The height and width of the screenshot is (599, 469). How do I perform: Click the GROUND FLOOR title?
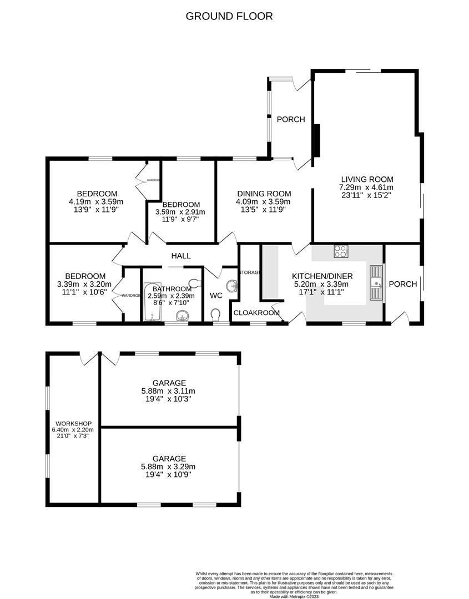click(x=229, y=16)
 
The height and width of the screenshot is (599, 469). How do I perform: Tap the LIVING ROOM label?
click(x=366, y=179)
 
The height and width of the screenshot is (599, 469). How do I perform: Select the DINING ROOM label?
click(x=263, y=194)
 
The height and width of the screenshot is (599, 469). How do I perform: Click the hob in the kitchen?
click(x=340, y=251)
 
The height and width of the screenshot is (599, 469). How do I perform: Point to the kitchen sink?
click(x=377, y=283)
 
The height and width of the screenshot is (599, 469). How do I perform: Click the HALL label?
click(x=181, y=256)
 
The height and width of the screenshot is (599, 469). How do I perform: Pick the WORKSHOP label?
click(x=72, y=424)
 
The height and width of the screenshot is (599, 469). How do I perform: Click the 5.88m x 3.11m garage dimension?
click(x=169, y=390)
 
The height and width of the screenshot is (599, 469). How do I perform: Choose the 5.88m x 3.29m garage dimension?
click(x=169, y=466)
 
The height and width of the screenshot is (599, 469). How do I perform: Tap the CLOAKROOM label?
click(x=256, y=313)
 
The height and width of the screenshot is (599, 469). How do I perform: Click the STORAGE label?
click(x=250, y=272)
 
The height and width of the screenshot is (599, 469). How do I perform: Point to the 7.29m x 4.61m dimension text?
click(x=366, y=187)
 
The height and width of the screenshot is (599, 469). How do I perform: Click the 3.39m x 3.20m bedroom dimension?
click(x=84, y=285)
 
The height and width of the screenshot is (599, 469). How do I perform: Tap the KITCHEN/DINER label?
click(x=322, y=276)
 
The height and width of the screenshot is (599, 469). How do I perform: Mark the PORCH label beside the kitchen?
click(x=402, y=284)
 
